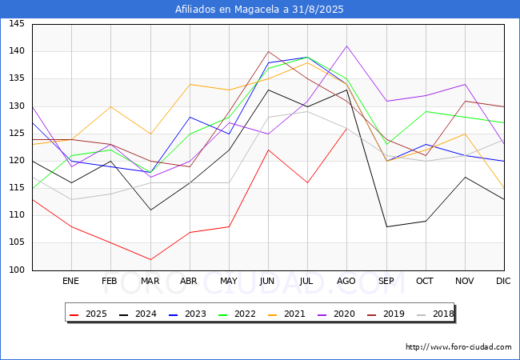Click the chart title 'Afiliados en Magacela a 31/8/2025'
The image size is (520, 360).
259,10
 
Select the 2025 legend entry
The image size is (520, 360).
89,314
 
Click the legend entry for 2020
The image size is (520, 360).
337,314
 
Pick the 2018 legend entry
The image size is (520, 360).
435,314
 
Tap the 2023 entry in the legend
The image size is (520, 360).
188,314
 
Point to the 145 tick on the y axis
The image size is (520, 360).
17,24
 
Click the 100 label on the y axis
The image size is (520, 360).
17,270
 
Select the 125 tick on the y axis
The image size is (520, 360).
17,134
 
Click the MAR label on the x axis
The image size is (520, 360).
150,281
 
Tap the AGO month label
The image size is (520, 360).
346,281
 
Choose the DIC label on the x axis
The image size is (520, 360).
503,281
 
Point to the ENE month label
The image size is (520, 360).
71,281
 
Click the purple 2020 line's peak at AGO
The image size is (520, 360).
347,46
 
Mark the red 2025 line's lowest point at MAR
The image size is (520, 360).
150,259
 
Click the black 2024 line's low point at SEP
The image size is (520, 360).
386,226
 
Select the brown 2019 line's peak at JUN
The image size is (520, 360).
268,51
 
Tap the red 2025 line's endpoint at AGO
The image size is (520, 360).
347,128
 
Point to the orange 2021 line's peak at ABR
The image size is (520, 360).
190,84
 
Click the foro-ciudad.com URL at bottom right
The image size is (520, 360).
458,347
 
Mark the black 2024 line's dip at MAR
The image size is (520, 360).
150,210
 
